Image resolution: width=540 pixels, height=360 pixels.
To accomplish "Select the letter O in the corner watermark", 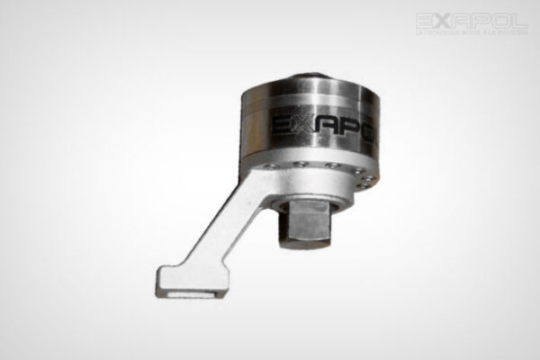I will pyautogui.click(x=501, y=20).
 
